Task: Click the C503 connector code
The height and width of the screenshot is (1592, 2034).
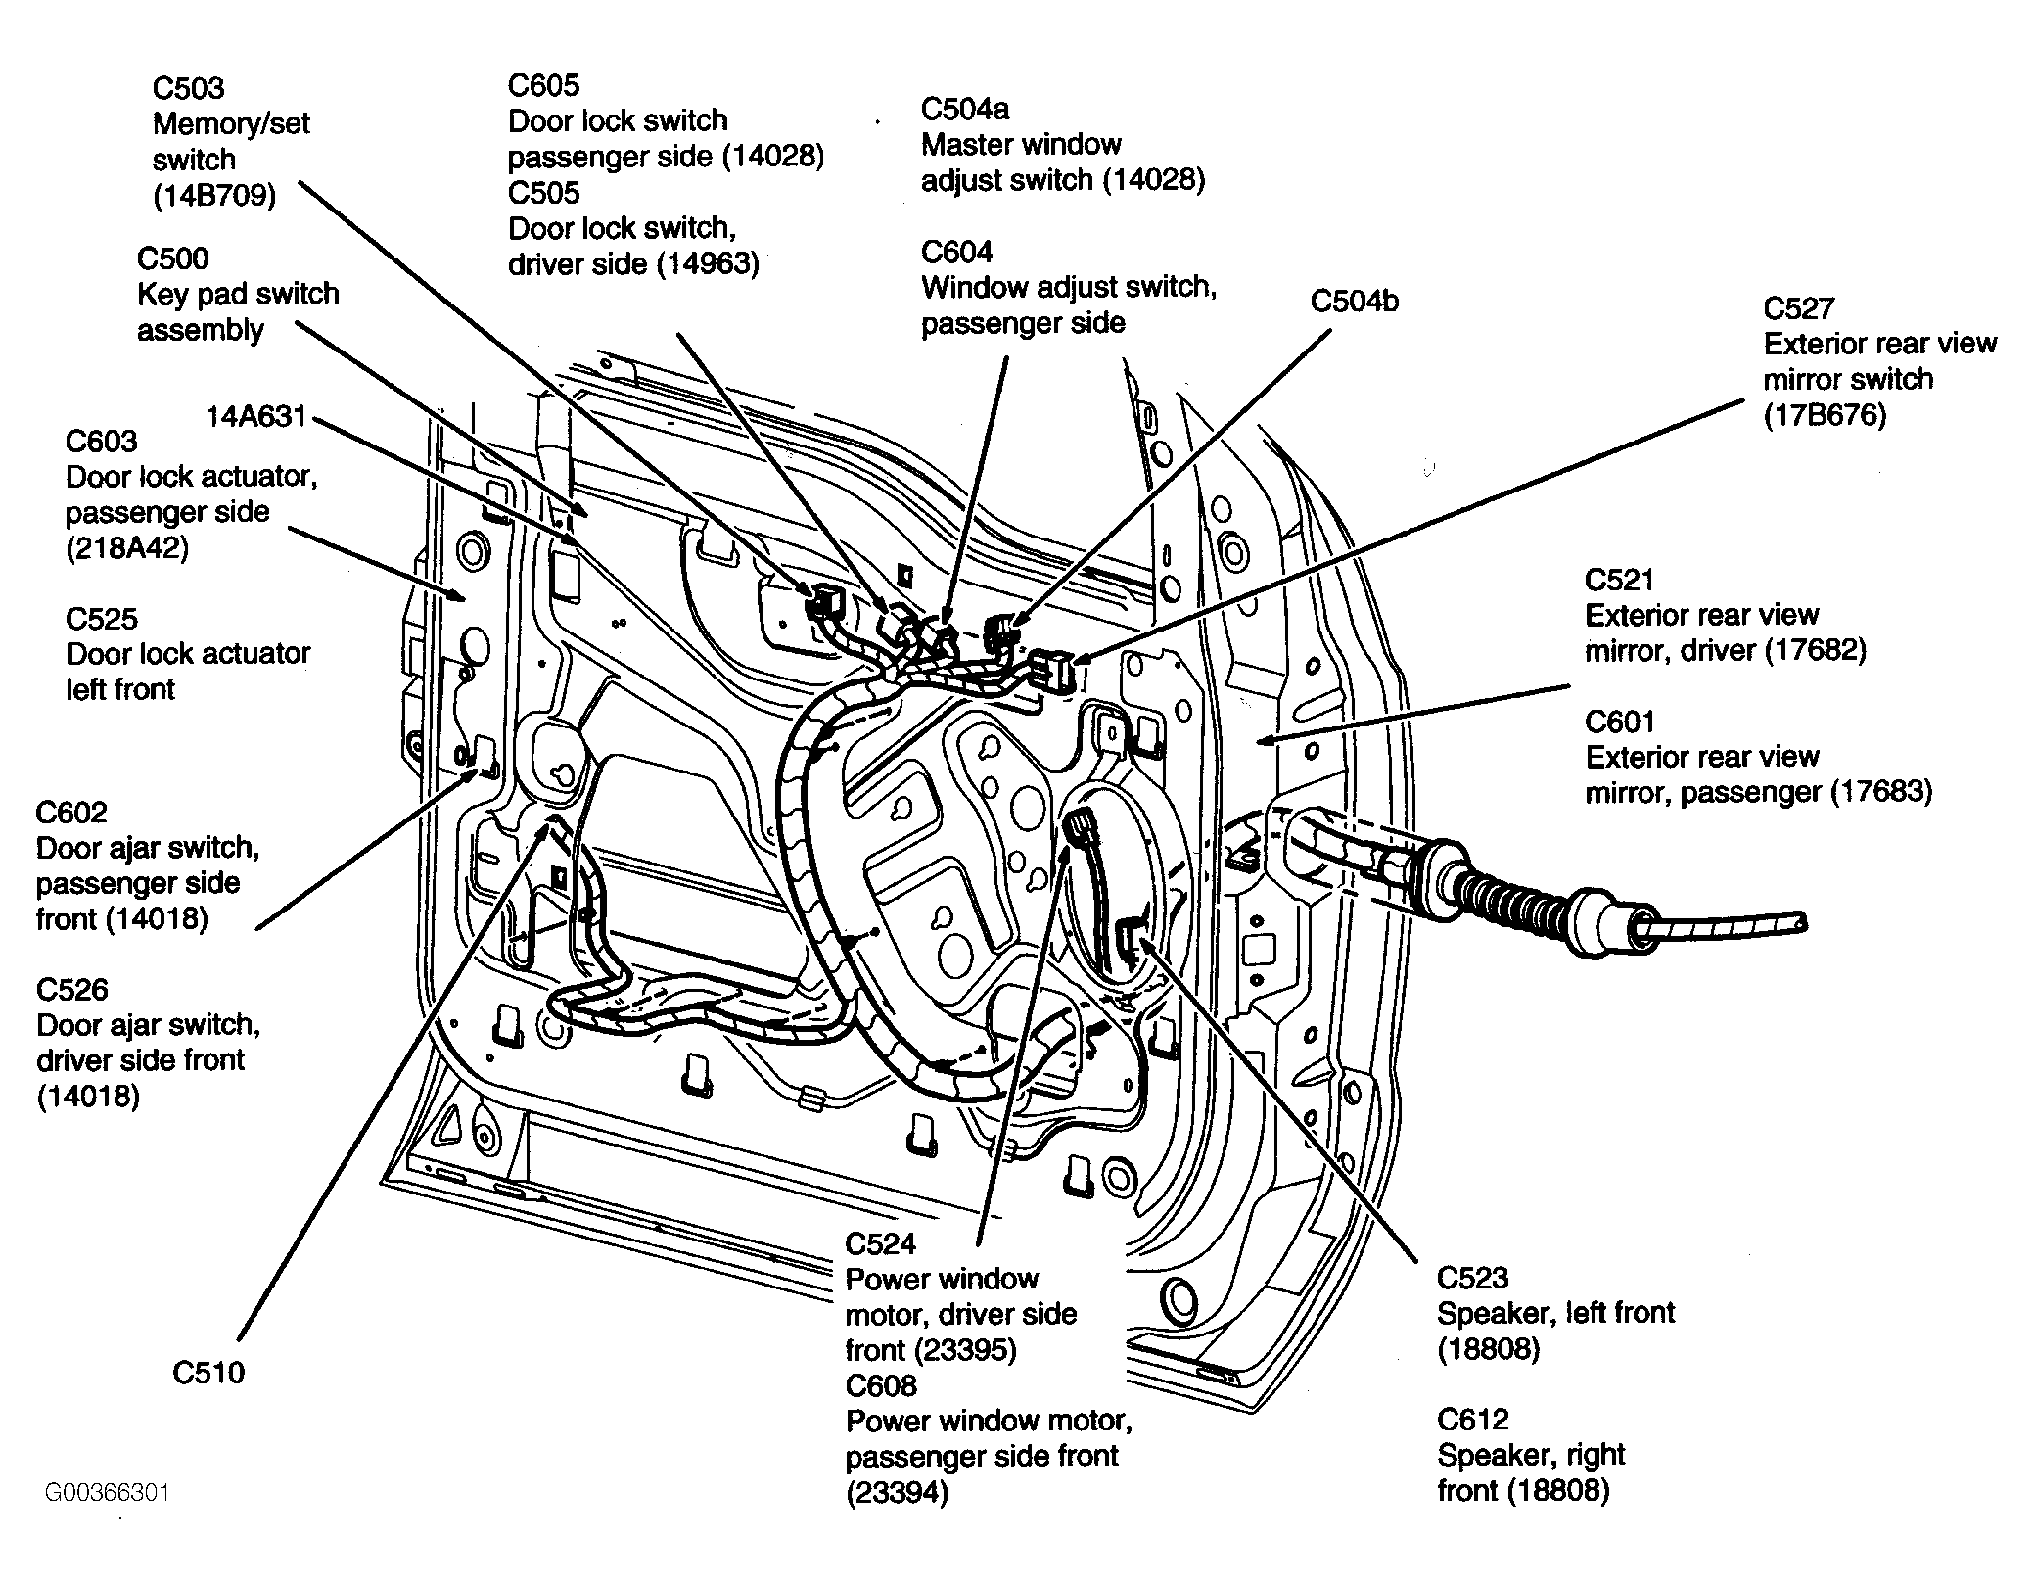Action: [x=188, y=88]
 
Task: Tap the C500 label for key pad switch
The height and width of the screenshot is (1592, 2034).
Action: [x=172, y=258]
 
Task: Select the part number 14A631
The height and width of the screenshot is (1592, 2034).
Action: [x=255, y=417]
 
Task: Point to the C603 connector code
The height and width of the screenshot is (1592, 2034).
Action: [x=102, y=441]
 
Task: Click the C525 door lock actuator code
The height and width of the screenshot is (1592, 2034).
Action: [x=102, y=619]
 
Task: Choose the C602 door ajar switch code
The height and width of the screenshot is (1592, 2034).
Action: [x=71, y=813]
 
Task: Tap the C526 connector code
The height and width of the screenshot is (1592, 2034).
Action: [x=71, y=990]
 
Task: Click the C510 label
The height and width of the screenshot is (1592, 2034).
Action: [x=208, y=1373]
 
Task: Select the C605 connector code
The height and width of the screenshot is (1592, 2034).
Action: [x=543, y=85]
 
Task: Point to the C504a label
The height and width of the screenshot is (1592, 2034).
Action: [x=965, y=109]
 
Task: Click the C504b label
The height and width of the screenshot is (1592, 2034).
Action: [x=1355, y=302]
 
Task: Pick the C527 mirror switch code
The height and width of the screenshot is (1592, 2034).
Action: [x=1799, y=308]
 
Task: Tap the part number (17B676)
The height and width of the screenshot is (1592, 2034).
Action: [x=1825, y=416]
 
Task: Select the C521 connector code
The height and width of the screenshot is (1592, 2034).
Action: [x=1620, y=580]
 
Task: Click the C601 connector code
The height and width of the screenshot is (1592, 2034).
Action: [x=1620, y=722]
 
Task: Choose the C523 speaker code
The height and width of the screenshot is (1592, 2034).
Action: [x=1473, y=1278]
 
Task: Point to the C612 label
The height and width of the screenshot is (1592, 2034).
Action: [x=1473, y=1420]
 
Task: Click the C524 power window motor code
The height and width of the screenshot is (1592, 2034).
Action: [x=881, y=1243]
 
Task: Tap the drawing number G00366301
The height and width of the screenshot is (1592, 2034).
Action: [x=107, y=1493]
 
